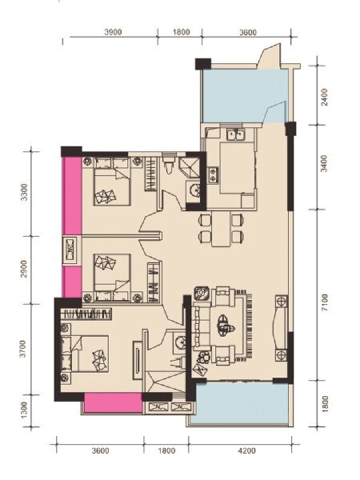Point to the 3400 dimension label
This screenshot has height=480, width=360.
[x=323, y=167]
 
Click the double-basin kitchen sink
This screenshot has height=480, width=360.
[x=234, y=134]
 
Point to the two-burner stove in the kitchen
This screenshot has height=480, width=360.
[x=213, y=171]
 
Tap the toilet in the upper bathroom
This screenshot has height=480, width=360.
[x=168, y=165]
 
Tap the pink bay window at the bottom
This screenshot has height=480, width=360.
[x=108, y=403]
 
